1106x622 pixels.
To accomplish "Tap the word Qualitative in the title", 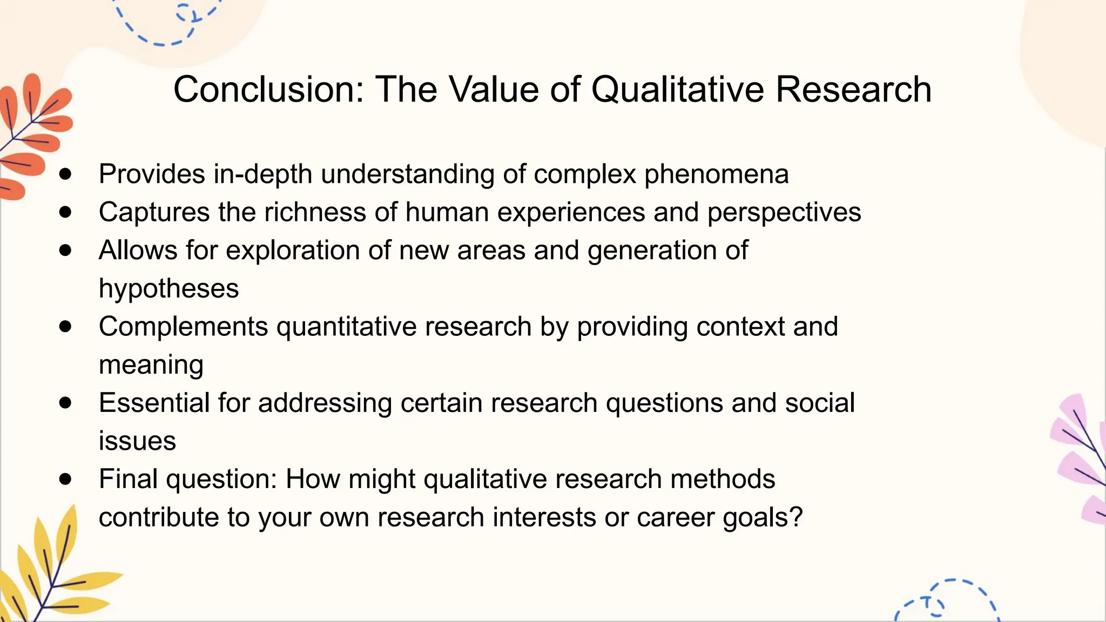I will [x=678, y=89].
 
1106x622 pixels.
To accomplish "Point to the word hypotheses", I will [x=168, y=289].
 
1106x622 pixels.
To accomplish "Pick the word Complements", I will [x=183, y=327].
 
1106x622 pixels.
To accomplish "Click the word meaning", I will [x=151, y=366].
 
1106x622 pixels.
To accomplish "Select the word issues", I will [x=137, y=441].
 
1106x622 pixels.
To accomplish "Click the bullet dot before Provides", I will [x=66, y=174].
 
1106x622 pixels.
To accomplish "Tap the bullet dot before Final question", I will [x=66, y=479].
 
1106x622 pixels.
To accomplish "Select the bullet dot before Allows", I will [x=66, y=250].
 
